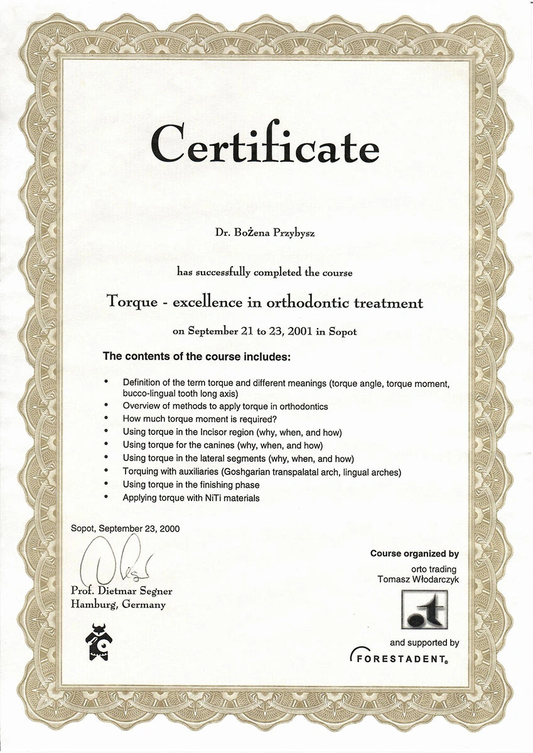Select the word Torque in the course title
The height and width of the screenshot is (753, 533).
[129, 303]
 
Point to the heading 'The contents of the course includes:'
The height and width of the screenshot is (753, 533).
[197, 356]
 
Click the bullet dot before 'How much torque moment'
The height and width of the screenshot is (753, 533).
[107, 419]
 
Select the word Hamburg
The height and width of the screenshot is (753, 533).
[94, 605]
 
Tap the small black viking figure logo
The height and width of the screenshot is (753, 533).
[99, 642]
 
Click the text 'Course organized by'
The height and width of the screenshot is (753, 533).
[414, 554]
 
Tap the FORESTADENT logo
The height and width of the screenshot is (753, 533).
[399, 658]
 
